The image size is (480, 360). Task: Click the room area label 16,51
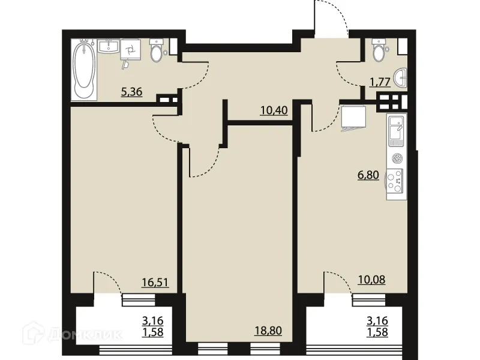tap(154, 281)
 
